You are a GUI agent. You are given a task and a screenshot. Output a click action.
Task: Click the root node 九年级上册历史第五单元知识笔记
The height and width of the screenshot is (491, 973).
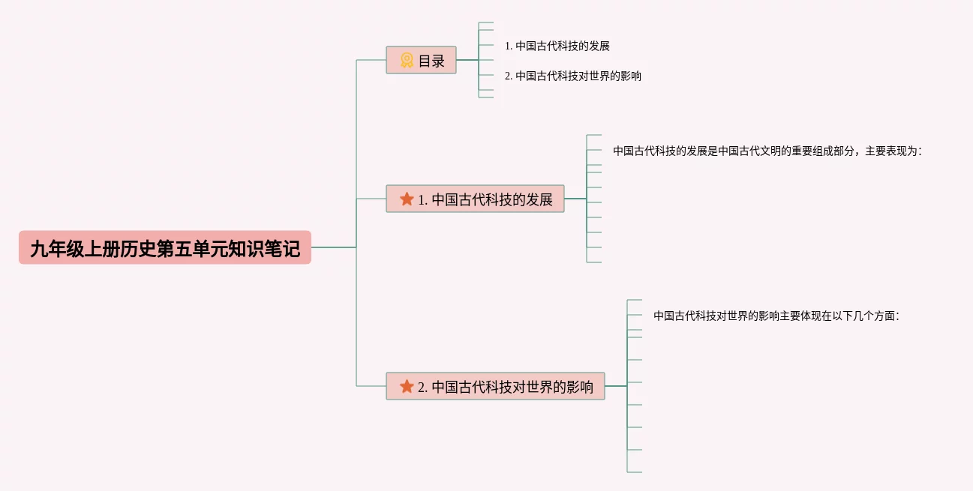point(164,248)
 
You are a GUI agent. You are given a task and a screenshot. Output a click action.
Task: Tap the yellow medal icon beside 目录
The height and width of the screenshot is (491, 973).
point(407,61)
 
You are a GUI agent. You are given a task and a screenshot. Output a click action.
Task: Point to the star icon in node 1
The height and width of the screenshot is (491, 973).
point(407,199)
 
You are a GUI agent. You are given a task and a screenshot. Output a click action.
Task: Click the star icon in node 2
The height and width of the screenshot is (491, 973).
point(407,387)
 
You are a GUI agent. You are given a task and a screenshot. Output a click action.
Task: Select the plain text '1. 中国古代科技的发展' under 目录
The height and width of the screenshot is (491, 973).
point(557,46)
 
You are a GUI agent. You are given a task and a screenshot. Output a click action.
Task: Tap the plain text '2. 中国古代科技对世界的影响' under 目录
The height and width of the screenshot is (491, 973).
point(572,76)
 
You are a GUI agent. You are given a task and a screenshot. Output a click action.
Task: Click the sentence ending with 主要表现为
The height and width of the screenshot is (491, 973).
point(767,151)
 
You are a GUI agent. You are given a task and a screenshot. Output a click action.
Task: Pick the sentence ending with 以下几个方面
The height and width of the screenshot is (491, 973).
point(776,316)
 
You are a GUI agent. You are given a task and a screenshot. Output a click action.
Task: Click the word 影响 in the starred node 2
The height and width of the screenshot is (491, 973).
point(580,388)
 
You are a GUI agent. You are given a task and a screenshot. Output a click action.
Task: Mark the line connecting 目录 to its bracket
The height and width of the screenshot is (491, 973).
point(467,60)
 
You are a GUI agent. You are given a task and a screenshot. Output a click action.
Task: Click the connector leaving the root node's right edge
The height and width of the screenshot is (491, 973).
point(333,247)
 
